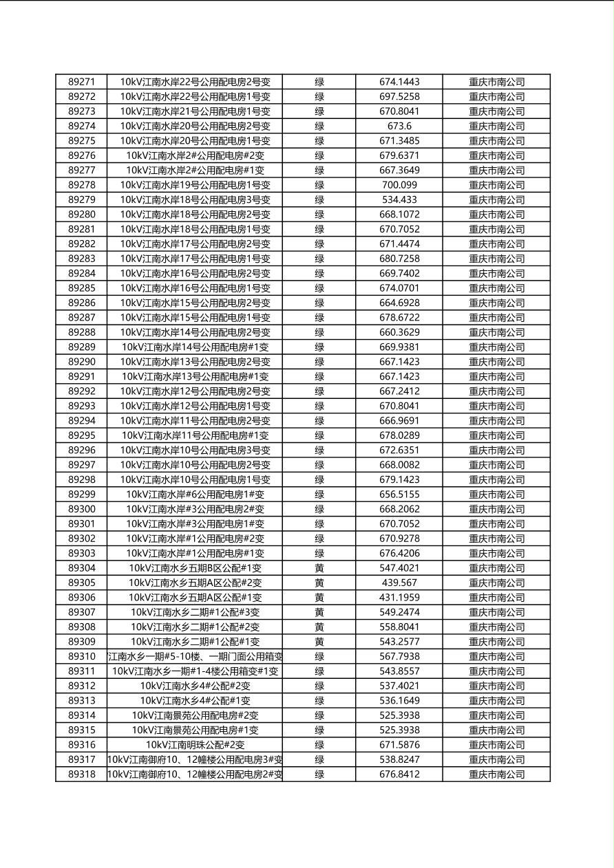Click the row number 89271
(82, 82)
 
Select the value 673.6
(399, 126)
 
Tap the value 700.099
(399, 185)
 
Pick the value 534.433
(399, 199)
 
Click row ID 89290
(82, 362)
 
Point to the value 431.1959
(399, 598)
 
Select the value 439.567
(399, 583)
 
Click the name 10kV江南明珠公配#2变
(195, 745)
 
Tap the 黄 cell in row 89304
(319, 568)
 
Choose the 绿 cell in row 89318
(319, 774)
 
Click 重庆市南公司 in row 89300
(496, 509)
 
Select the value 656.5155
(399, 495)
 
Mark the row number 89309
(82, 642)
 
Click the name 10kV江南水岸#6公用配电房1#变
(195, 495)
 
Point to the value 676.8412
(399, 774)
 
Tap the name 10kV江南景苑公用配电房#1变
(195, 730)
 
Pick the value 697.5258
(399, 96)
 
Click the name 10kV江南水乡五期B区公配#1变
(195, 568)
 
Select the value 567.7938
(399, 656)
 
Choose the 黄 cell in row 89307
(319, 612)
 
